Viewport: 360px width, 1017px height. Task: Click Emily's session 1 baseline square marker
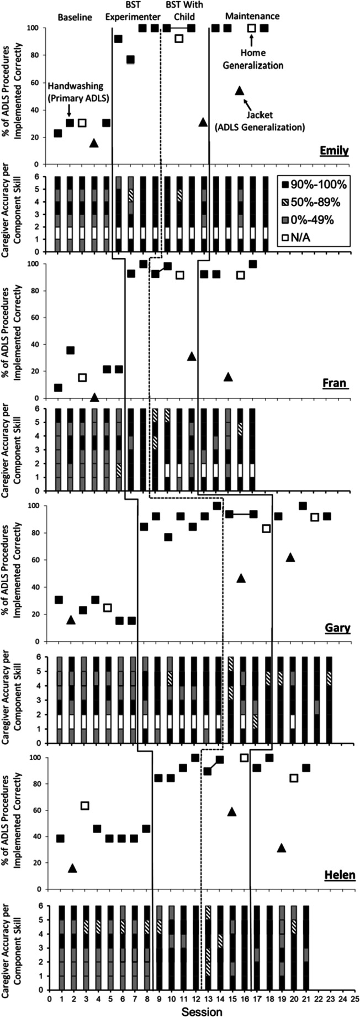(x=58, y=134)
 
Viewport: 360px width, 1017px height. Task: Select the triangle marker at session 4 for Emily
(x=94, y=143)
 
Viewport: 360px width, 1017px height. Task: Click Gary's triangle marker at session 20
(x=290, y=557)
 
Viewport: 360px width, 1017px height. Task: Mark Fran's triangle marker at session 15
(x=228, y=377)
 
